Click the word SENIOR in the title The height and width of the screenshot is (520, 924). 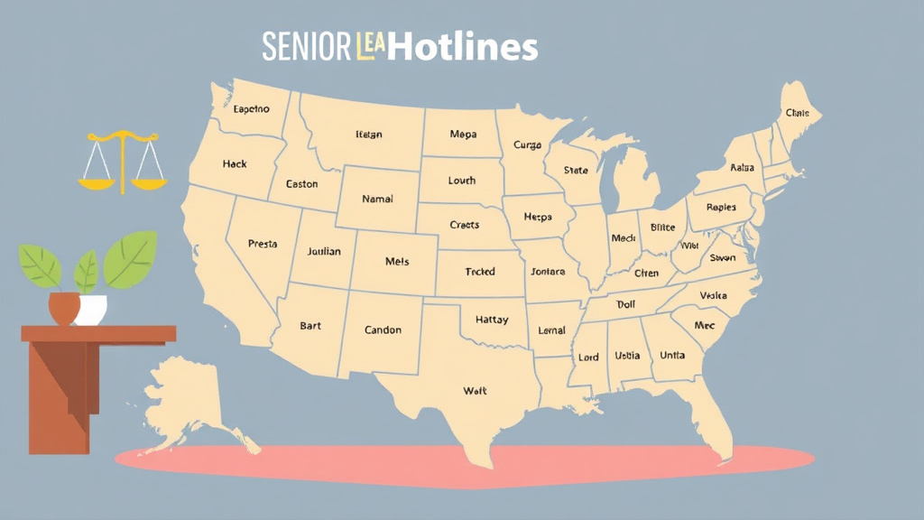(x=305, y=47)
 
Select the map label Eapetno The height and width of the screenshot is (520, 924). (x=251, y=109)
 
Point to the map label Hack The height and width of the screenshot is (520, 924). (x=235, y=164)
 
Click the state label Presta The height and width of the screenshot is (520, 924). (x=263, y=244)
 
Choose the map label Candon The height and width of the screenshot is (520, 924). (x=383, y=330)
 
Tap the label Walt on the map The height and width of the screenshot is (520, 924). (x=474, y=391)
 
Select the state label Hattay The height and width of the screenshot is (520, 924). (x=491, y=320)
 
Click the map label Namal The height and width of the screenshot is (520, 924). (x=377, y=199)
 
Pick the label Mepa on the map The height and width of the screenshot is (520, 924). (x=462, y=135)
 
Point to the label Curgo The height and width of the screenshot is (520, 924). (x=527, y=144)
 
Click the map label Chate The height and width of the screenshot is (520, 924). (x=797, y=114)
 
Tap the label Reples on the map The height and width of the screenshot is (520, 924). (x=721, y=207)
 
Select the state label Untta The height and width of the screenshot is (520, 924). (x=671, y=356)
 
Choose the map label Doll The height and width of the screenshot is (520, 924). (x=625, y=305)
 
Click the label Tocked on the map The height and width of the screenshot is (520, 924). (x=479, y=272)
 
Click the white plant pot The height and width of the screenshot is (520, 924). (x=92, y=309)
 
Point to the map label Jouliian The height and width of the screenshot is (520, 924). (x=324, y=252)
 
